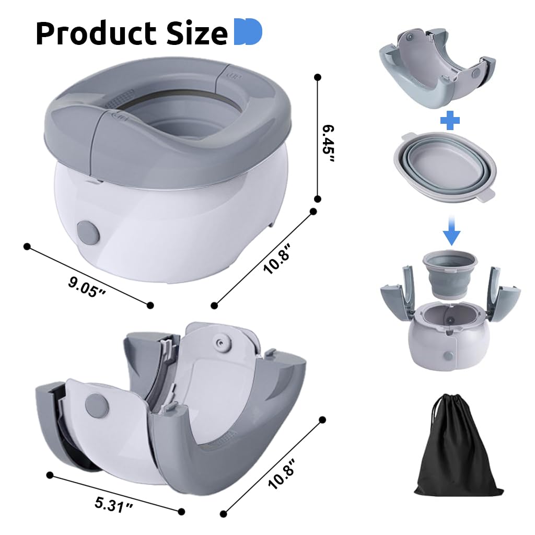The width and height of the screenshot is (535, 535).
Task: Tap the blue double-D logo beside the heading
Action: click(248, 32)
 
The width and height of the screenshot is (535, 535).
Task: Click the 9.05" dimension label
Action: click(87, 286)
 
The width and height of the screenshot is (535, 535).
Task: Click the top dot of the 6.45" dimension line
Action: click(317, 77)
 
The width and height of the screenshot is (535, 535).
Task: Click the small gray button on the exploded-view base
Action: click(448, 355)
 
